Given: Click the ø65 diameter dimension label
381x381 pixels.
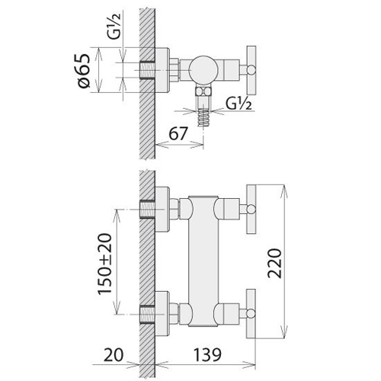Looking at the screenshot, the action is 84,71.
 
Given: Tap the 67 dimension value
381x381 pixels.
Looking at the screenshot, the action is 178,133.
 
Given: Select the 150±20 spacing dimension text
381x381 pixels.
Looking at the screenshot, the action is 104,264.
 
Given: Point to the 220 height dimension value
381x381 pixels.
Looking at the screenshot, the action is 275,264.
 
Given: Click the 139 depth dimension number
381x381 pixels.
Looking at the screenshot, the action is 207,354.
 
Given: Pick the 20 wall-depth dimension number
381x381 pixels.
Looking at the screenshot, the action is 114,354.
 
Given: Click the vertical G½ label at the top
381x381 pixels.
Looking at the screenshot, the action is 114,27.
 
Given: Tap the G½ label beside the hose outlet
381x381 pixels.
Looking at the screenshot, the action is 239,104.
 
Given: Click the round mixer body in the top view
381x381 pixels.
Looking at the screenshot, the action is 203,69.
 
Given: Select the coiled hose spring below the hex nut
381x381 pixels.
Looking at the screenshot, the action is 203,117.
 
